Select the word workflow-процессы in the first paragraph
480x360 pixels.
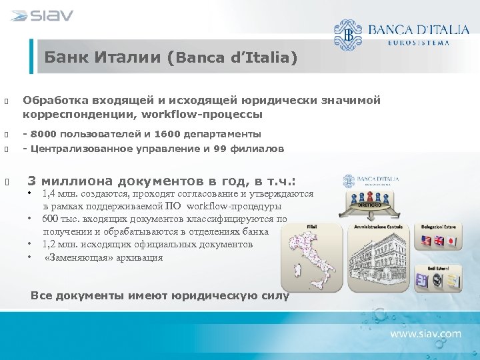207,114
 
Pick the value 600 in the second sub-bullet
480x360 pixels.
51,219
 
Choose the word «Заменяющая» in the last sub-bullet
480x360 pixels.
74,257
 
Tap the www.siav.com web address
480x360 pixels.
425,333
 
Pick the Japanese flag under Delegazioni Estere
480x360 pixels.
451,241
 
